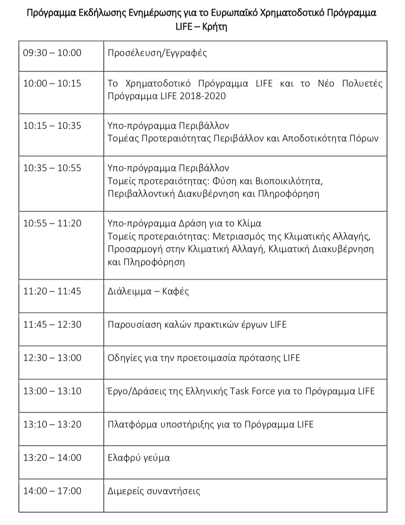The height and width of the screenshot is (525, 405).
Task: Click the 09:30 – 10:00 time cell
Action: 52,53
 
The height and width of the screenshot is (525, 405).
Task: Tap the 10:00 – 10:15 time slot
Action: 52,84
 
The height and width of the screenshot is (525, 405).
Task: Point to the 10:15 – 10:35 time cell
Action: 52,126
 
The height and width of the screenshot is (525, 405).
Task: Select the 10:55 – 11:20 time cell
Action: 52,223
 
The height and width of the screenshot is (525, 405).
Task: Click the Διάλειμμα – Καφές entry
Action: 148,291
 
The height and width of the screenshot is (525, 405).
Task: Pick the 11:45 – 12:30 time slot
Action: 52,324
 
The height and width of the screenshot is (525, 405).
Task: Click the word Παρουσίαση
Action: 130,324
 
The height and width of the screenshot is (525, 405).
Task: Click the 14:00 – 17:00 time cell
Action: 52,491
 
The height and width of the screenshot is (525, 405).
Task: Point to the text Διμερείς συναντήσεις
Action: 154,491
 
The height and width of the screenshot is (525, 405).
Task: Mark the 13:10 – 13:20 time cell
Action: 52,424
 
